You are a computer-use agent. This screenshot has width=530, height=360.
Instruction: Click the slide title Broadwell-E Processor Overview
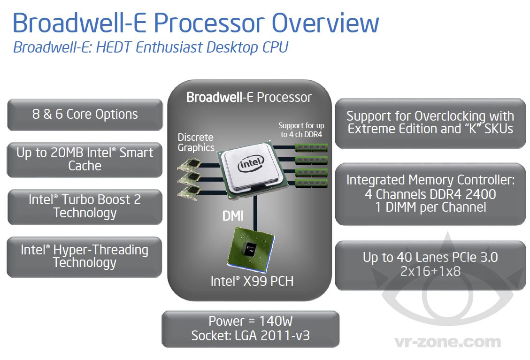tap(196, 23)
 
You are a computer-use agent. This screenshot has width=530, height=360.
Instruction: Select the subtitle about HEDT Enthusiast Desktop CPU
tap(150, 47)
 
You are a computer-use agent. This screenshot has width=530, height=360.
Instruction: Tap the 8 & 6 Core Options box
tap(85, 115)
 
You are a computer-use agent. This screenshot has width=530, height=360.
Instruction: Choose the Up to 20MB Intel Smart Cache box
tap(85, 159)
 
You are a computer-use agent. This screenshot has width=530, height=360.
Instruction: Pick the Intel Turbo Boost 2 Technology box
tap(85, 206)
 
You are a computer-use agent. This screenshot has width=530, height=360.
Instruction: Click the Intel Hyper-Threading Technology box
tap(85, 256)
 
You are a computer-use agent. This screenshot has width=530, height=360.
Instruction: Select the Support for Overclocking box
tap(430, 123)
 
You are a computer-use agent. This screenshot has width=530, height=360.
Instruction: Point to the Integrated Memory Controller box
tap(430, 193)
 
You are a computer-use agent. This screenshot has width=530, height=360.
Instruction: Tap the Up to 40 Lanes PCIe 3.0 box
tap(430, 264)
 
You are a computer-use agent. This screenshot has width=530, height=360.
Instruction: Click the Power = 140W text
tap(251, 322)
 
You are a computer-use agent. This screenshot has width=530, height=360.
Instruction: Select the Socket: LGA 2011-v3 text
tap(251, 336)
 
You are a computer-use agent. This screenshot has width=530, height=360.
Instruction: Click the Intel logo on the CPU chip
tap(250, 165)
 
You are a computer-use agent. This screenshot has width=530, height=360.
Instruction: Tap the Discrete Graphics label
tap(196, 142)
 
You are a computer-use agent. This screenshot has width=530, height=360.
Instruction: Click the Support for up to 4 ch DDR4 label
tap(301, 130)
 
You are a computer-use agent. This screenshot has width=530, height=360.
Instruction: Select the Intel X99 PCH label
tap(252, 281)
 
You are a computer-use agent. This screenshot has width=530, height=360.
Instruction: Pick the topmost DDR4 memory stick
tap(311, 147)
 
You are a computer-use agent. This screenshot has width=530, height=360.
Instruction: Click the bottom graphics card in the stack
tap(190, 192)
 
